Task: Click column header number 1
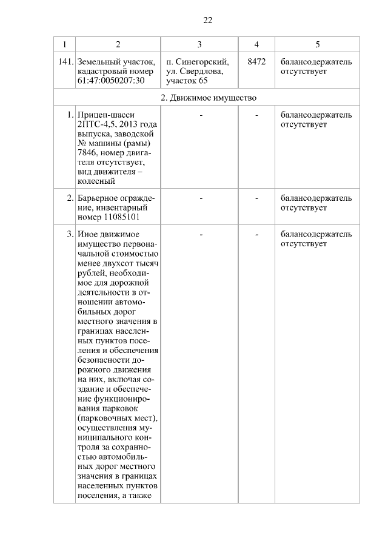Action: coord(64,44)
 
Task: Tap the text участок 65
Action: coord(182,81)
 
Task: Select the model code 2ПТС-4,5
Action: coord(95,124)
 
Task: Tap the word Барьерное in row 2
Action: coord(98,198)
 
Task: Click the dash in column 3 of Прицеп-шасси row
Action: coord(200,115)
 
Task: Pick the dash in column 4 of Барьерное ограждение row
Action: coord(256,198)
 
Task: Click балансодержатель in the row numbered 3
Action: coord(316,234)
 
